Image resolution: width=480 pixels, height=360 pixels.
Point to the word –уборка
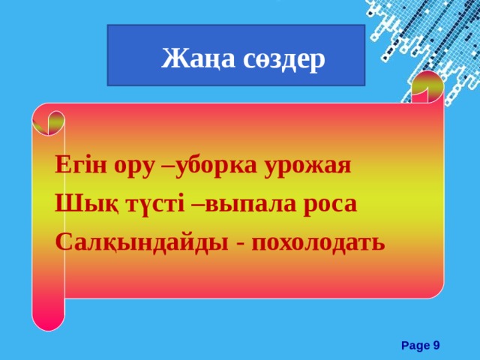tap(208, 166)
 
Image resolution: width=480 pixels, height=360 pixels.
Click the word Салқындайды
tap(138, 244)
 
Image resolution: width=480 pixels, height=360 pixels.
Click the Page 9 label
tap(420, 345)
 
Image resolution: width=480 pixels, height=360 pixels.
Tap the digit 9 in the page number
tap(436, 345)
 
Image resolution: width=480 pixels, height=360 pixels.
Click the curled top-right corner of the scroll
tap(428, 88)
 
